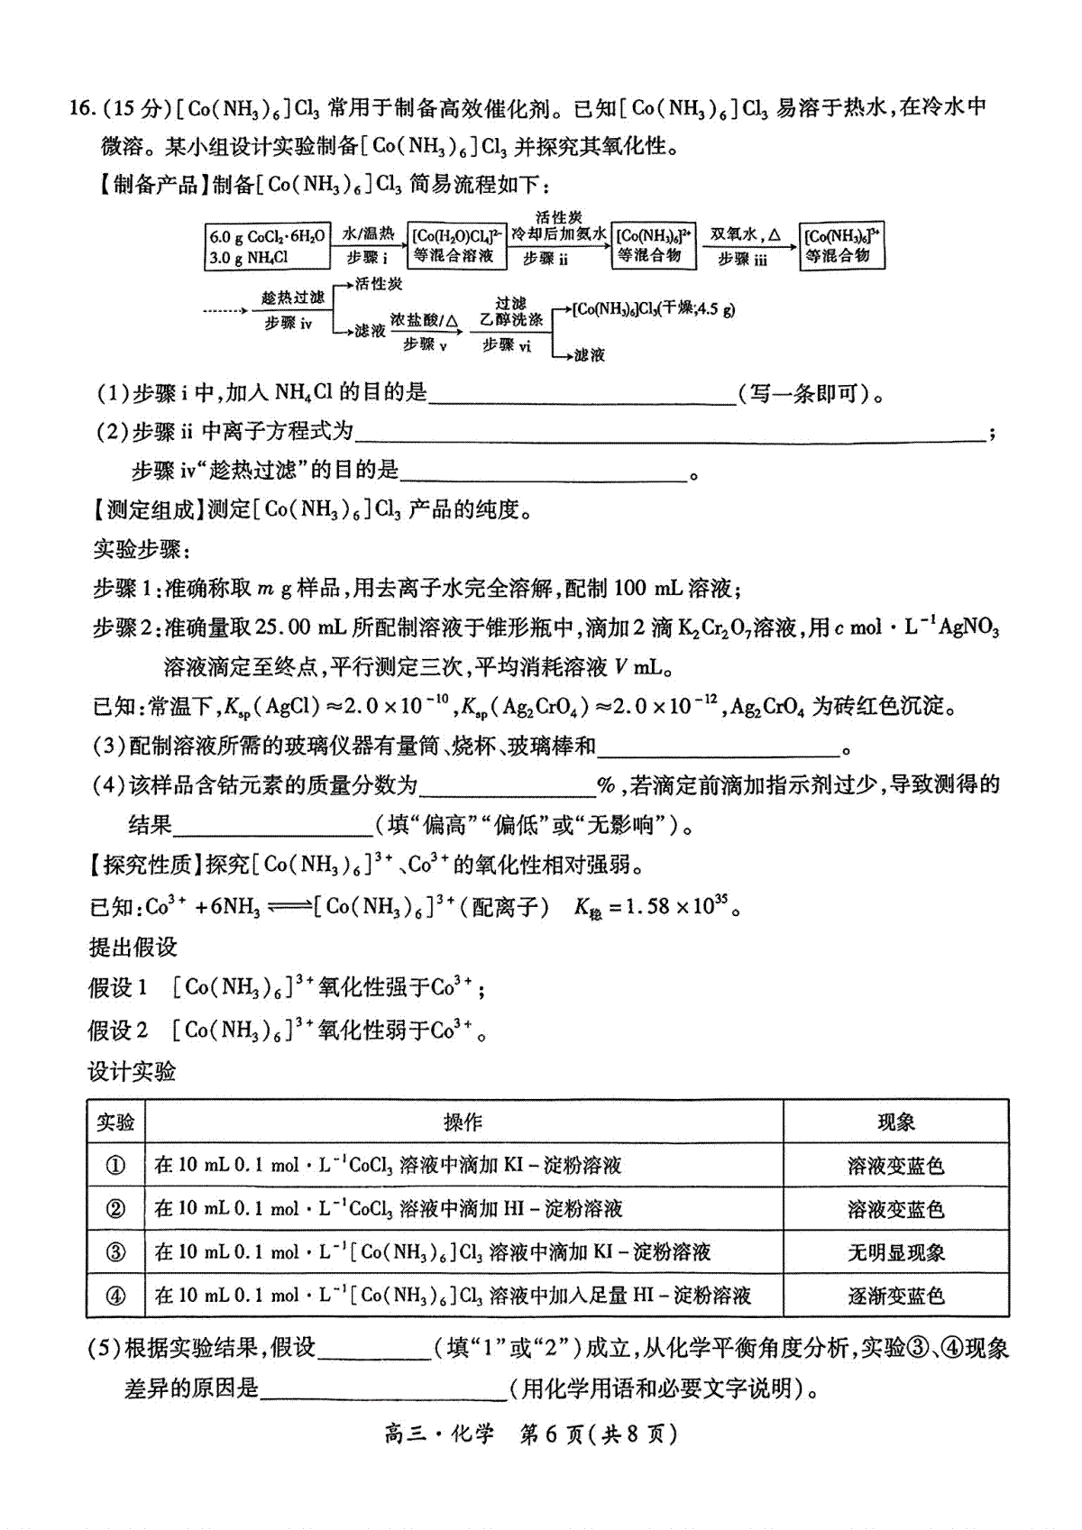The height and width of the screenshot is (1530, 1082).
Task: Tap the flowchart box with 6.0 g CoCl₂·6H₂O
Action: point(267,246)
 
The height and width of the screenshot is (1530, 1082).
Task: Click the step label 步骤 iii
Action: point(742,259)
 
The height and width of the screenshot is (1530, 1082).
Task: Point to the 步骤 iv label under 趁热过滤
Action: point(289,323)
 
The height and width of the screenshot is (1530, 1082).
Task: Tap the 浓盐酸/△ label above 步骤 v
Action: point(425,321)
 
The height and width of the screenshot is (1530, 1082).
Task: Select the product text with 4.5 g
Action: point(654,309)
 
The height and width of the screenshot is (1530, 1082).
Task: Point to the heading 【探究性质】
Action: point(146,866)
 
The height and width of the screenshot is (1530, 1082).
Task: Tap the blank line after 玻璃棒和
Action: point(718,747)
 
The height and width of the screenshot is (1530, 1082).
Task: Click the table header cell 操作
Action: point(463,1122)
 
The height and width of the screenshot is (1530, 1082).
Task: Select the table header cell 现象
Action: point(895,1122)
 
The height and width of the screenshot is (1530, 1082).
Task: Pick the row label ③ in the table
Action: point(115,1252)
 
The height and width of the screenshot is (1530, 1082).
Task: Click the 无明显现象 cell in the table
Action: point(895,1252)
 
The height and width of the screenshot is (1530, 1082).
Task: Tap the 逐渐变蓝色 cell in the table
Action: point(895,1296)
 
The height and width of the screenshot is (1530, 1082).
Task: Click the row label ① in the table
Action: point(115,1166)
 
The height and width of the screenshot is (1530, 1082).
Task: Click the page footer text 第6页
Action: point(552,1434)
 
